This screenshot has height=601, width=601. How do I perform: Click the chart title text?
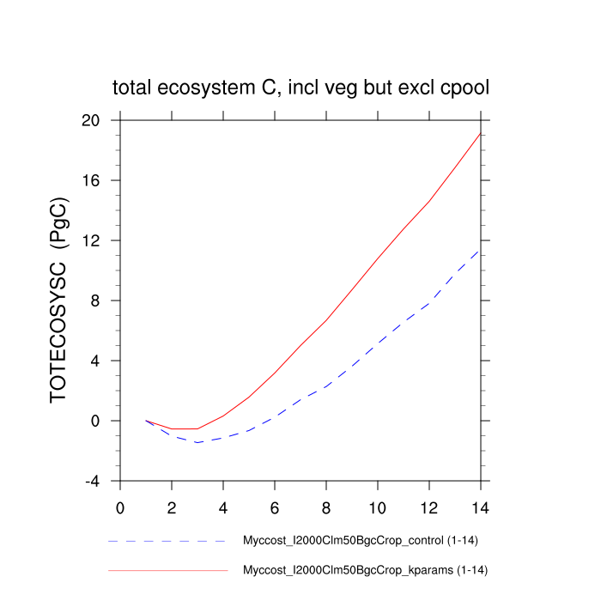(x=300, y=88)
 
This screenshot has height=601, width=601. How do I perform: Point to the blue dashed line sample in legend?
(x=167, y=542)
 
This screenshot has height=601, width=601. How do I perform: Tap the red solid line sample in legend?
(x=167, y=569)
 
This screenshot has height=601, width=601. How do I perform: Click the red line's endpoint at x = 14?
(x=480, y=133)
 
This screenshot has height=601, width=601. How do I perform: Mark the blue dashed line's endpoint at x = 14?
(x=480, y=250)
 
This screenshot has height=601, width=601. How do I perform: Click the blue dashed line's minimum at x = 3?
(x=197, y=442)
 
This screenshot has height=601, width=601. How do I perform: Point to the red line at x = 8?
(x=326, y=320)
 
